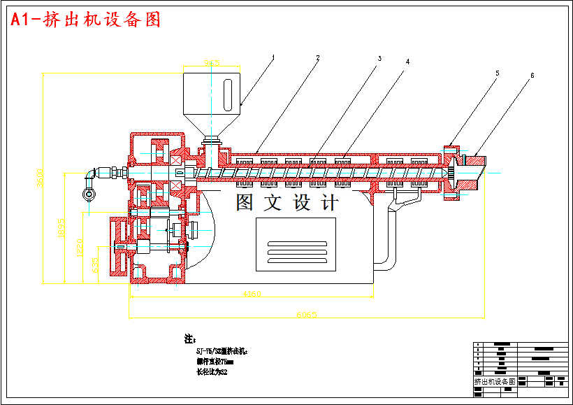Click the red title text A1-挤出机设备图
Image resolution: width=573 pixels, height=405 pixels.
(86, 20)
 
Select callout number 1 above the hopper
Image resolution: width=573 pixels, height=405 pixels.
(274, 57)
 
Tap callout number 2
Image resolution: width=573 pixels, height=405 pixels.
(318, 57)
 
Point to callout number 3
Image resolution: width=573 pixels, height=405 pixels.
(379, 59)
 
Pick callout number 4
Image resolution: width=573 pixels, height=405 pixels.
(407, 62)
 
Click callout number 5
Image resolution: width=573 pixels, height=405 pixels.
(498, 72)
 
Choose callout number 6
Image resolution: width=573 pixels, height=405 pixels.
(532, 75)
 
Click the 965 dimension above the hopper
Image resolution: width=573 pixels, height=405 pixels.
(212, 63)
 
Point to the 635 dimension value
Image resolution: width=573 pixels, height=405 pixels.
(95, 265)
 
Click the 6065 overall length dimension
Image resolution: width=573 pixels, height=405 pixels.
(306, 315)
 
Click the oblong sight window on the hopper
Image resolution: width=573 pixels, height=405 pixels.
(229, 94)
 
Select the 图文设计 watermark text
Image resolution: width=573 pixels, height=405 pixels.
(286, 203)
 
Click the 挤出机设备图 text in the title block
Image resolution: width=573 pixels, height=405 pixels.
(494, 382)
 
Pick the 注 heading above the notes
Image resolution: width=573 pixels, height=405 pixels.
(189, 339)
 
